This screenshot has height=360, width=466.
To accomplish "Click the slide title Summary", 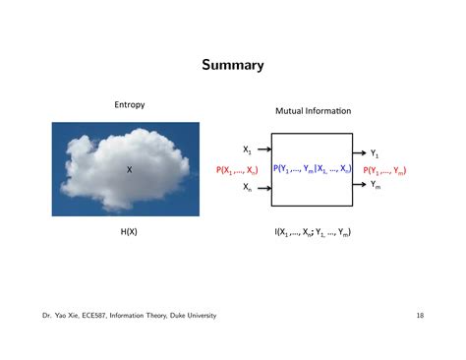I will pos(233,66).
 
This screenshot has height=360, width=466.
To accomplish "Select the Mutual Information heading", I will pos(314,111).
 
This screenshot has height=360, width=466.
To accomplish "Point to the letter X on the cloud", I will pos(129,170).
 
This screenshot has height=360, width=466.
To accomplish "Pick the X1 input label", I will pos(248,150).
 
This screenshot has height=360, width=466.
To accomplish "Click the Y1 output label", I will pos(376,153).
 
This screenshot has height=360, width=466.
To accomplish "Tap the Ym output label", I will pos(376,187).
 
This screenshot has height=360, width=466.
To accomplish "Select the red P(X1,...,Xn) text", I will pos(237,170).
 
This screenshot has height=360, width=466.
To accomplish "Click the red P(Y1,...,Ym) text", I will pos(385,170).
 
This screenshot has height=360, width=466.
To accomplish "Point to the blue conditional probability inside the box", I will pos(312,169).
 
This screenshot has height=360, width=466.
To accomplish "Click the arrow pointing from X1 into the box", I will pos(264,150).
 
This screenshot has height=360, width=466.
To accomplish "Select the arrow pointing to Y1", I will pos(359,151).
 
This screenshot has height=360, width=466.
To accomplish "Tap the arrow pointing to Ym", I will pos(359,186).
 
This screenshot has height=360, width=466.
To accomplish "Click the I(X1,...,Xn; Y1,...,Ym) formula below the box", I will pos(313,233).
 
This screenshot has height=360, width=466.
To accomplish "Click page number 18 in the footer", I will pos(419,315).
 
